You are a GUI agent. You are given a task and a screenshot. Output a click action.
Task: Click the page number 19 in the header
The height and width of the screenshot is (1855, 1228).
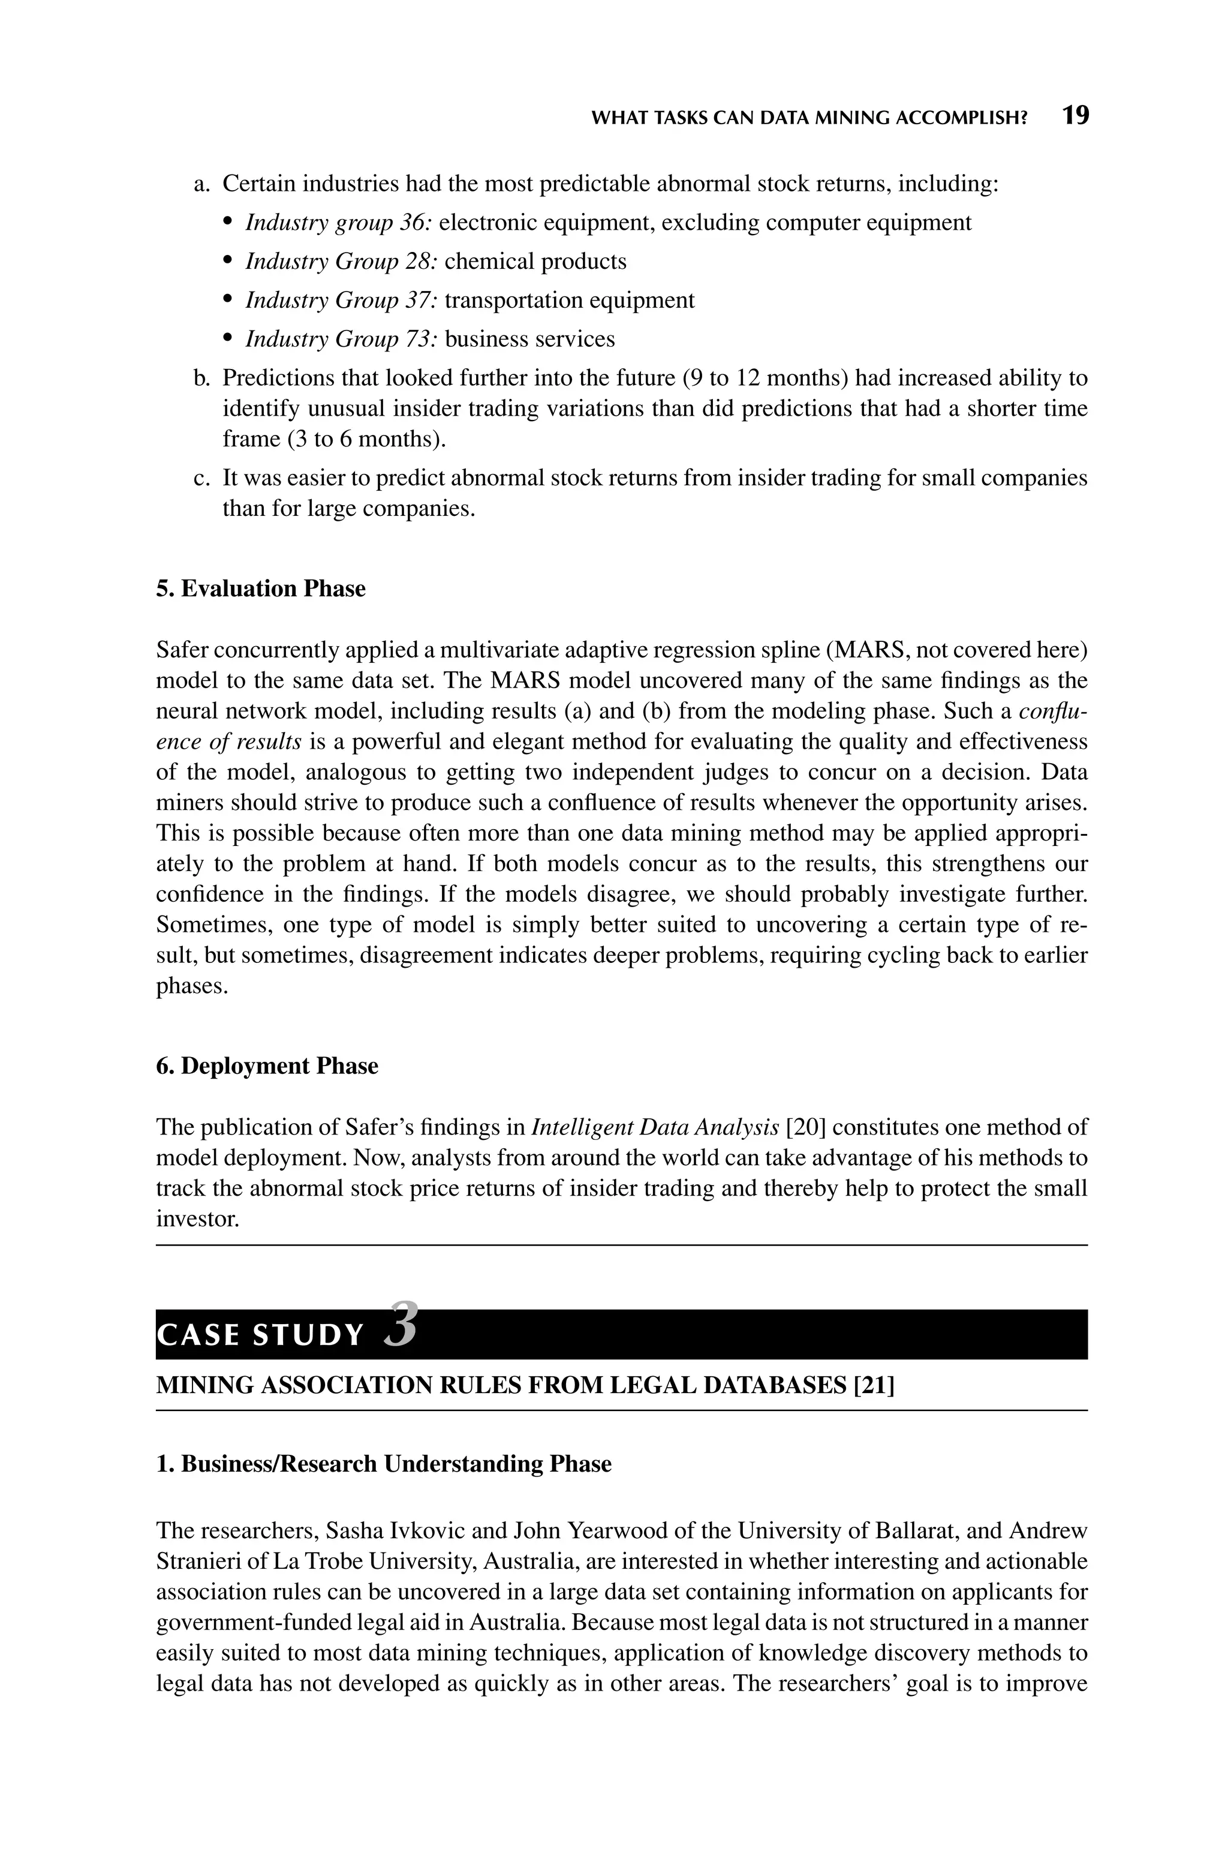coord(1075,116)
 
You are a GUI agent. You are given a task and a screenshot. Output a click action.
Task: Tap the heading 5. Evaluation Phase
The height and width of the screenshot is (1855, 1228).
coord(261,589)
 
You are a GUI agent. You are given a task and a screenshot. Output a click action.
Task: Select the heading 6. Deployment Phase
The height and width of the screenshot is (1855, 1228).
coord(267,1066)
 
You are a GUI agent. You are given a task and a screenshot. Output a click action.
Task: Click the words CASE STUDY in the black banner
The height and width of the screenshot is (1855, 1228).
coord(260,1335)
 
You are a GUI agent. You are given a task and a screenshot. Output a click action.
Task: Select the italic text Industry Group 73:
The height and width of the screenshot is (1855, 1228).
coord(341,339)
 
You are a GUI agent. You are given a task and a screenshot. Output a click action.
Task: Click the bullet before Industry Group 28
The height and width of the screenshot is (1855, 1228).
coord(228,262)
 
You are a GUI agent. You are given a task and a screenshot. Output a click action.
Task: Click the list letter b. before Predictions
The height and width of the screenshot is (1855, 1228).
coord(202,379)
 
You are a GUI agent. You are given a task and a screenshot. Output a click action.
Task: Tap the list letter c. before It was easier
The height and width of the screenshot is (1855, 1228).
coord(202,478)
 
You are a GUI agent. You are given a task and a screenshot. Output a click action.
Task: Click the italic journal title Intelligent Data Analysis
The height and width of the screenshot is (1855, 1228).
coord(655,1127)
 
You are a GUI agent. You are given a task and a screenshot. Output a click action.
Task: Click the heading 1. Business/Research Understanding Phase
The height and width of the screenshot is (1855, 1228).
coord(384,1464)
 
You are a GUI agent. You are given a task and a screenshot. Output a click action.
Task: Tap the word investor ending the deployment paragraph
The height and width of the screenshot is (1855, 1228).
coord(197,1219)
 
